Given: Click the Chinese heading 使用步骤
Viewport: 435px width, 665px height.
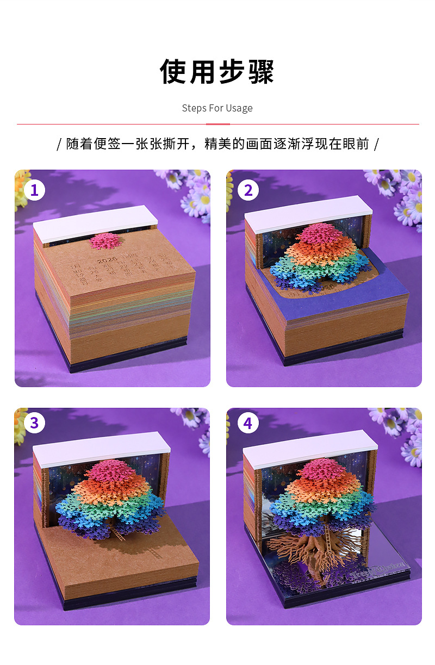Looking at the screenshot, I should [217, 72].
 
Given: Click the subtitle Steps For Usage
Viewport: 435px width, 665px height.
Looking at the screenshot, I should [217, 108].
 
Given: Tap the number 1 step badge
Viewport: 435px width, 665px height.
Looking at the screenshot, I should [34, 190].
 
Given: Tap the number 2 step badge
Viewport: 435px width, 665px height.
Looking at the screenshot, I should [248, 190].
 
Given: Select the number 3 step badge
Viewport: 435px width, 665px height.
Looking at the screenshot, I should [34, 423].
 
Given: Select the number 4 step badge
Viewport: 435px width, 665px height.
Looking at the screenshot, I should [248, 423].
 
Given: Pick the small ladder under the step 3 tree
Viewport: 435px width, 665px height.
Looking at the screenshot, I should [118, 535].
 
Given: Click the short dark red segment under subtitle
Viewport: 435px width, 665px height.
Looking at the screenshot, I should [217, 124].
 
